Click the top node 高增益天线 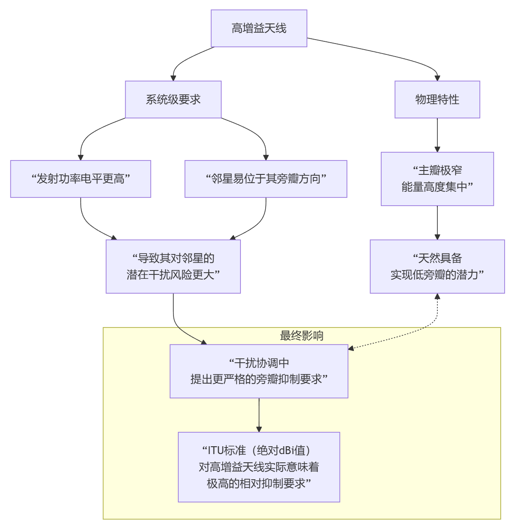pos(259,29)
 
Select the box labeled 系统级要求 pos(173,100)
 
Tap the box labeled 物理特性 pos(437,100)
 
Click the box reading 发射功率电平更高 pos(80,179)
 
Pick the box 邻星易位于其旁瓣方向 pos(266,179)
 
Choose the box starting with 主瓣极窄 pos(437,179)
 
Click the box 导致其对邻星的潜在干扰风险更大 pos(173,266)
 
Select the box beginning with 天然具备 pos(437,266)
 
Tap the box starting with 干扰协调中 pos(259,371)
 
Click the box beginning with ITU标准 pos(259,467)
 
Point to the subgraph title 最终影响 pos(301,336)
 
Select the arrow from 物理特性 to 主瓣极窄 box pos(437,135)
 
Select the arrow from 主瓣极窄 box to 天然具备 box pos(437,222)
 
